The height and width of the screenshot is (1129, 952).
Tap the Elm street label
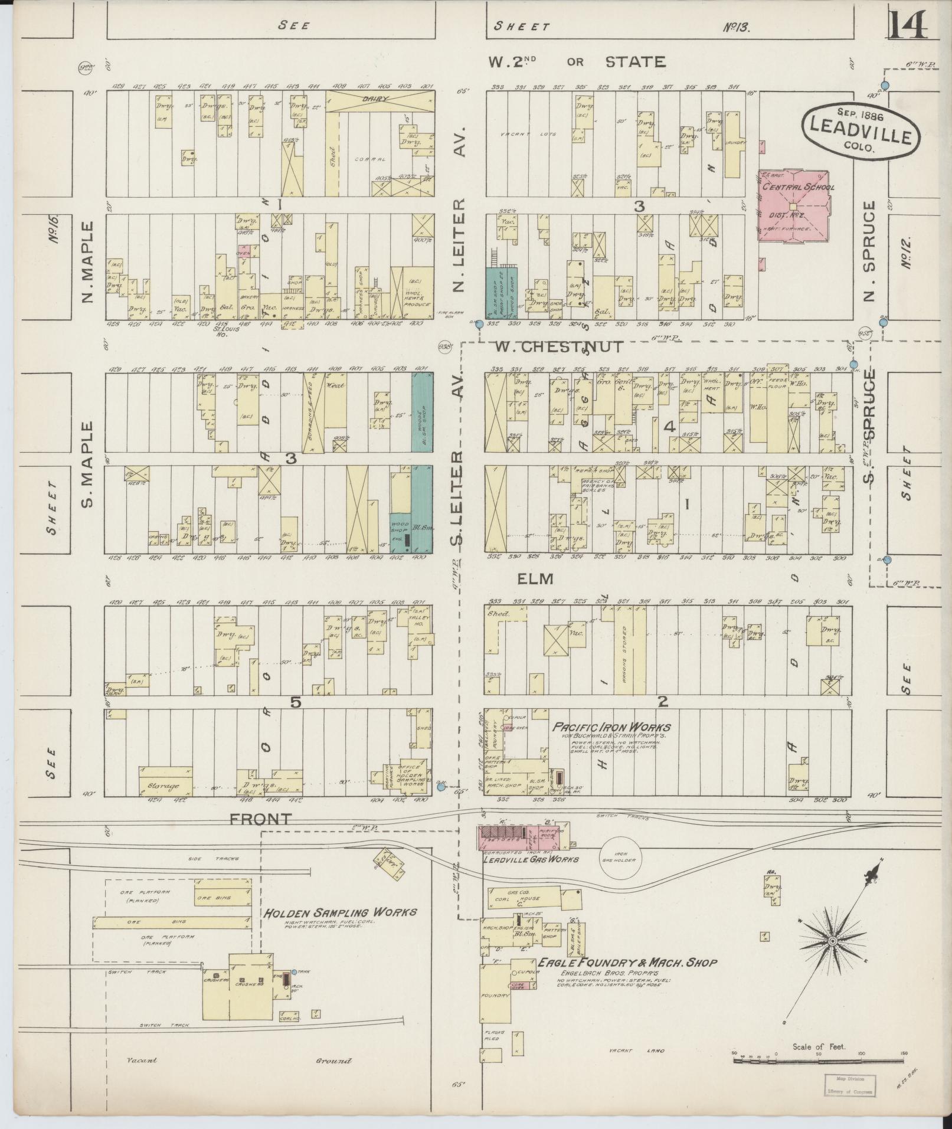pyautogui.click(x=535, y=579)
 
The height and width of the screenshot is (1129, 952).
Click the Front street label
pyautogui.click(x=261, y=819)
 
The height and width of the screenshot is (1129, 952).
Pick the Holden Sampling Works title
pyautogui.click(x=340, y=912)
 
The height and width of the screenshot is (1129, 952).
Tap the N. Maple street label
pyautogui.click(x=89, y=262)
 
